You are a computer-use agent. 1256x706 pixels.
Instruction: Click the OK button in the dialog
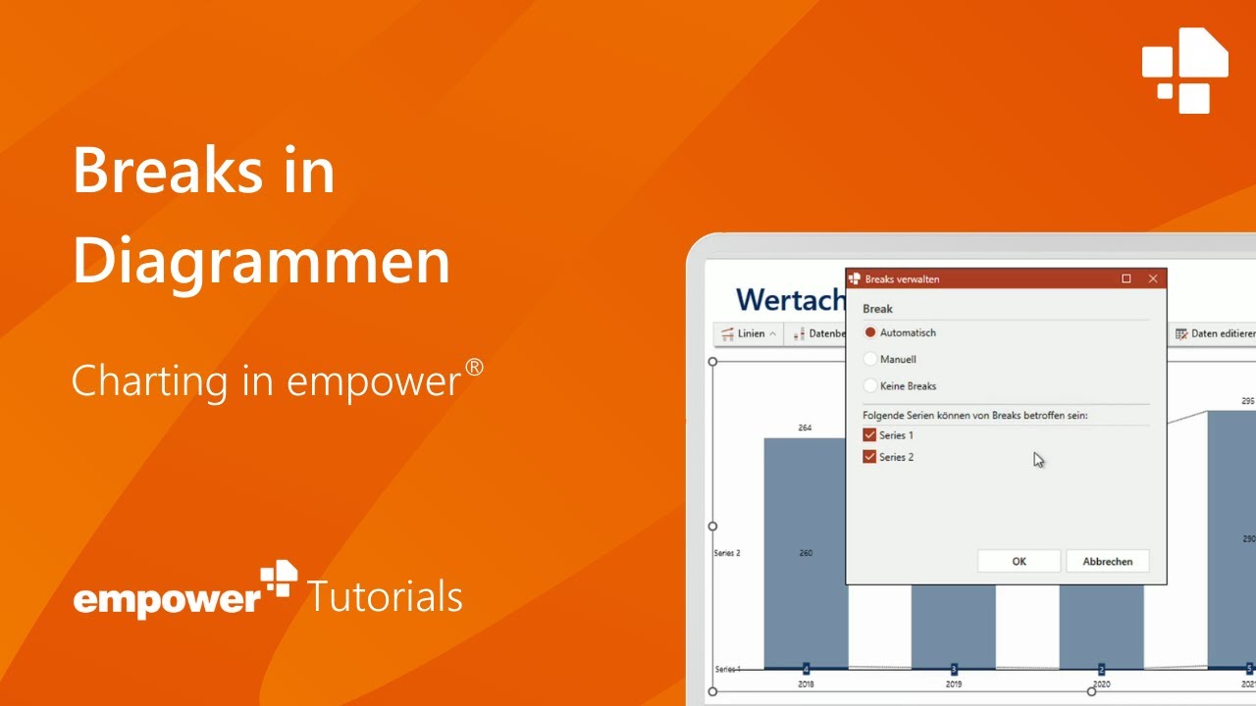1019,561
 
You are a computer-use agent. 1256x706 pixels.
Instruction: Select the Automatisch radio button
870,332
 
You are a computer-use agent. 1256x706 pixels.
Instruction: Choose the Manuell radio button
870,359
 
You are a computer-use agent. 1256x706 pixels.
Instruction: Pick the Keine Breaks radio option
870,385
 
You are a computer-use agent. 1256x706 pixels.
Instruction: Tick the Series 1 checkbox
869,435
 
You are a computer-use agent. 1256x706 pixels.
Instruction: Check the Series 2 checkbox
869,457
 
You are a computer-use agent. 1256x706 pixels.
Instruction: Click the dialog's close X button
1153,278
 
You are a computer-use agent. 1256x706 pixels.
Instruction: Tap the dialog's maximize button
1126,278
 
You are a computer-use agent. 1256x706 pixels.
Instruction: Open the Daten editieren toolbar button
1216,333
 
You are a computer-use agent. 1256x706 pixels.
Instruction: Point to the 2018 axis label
806,684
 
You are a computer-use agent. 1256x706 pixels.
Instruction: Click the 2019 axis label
954,684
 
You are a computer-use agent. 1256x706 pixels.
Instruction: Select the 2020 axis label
1101,684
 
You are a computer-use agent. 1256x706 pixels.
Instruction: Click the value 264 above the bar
806,428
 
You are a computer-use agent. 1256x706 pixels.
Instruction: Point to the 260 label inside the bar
806,553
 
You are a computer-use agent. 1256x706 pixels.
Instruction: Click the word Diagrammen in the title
261,262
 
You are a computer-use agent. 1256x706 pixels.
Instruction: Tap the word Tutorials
385,595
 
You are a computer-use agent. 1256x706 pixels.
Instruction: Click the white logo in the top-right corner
1185,70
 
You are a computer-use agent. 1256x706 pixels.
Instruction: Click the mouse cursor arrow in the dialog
1038,459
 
